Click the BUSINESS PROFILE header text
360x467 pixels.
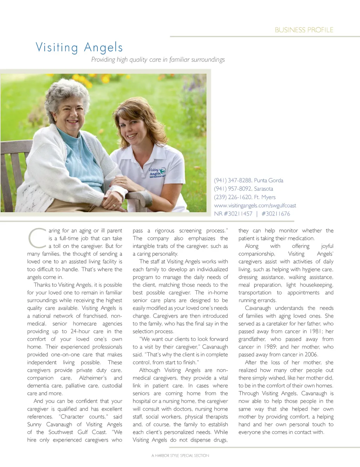(x=304, y=30)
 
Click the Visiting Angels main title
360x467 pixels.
(x=79, y=47)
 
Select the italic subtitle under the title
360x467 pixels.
(x=158, y=60)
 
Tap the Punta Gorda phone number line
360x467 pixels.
(x=249, y=180)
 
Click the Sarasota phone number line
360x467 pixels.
(x=243, y=189)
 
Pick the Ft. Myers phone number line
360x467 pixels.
(x=245, y=197)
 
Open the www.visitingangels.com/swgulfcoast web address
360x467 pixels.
(x=255, y=206)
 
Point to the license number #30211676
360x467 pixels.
(x=276, y=214)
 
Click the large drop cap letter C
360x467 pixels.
(x=36, y=238)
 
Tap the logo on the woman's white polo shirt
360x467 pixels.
(x=157, y=172)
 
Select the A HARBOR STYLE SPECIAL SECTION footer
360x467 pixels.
(x=180, y=455)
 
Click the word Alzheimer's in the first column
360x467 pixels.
(x=93, y=378)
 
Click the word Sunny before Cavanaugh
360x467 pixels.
(x=34, y=424)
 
